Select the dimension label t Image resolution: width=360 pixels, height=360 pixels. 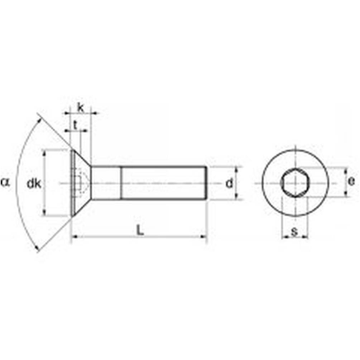[x=75, y=125]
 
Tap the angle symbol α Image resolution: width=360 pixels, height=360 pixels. [x=5, y=183]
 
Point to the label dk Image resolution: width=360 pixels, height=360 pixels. [x=34, y=184]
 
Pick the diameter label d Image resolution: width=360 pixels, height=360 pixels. [x=229, y=183]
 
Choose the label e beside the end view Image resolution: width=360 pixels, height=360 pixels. [x=351, y=181]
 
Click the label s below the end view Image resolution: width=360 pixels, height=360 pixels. [x=294, y=232]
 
